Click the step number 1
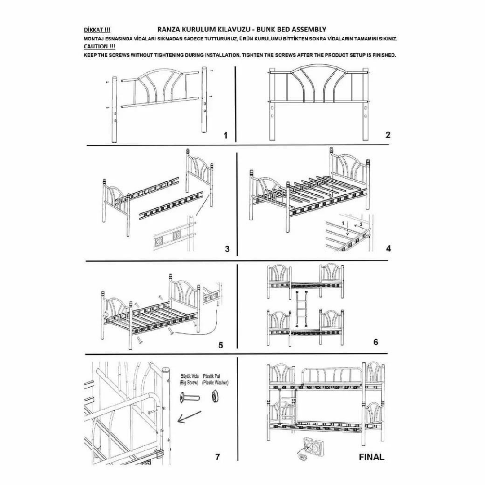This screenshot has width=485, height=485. [226, 136]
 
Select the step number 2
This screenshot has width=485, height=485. [388, 135]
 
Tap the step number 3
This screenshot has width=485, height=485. [227, 249]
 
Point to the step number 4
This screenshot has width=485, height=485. [388, 248]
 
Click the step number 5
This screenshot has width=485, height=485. [220, 345]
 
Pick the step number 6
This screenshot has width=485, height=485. [375, 342]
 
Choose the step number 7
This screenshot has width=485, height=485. [217, 457]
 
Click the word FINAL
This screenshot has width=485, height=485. [371, 457]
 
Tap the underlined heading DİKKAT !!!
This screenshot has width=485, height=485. [97, 31]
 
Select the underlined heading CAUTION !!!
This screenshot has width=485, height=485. [99, 46]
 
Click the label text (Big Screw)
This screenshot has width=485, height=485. [190, 383]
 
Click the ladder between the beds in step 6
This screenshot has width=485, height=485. [300, 308]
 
